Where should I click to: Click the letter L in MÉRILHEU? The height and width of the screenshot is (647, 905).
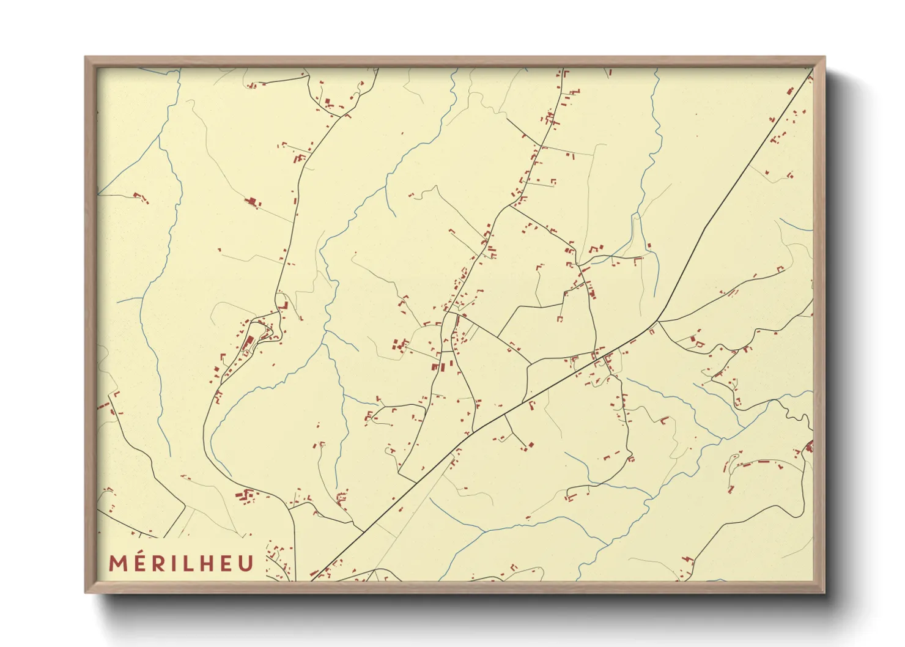(187, 563)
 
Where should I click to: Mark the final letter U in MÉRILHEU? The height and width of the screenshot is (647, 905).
(245, 563)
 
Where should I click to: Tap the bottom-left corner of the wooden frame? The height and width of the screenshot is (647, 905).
(86, 591)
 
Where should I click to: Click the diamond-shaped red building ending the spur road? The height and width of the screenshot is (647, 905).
(531, 445)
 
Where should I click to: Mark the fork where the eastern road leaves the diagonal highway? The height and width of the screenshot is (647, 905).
(658, 320)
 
